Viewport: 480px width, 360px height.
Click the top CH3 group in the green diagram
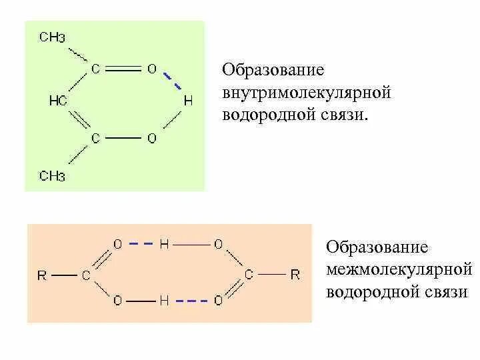pos(52,37)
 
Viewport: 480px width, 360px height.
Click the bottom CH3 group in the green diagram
pos(52,176)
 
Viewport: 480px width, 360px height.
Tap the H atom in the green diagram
pos(187,101)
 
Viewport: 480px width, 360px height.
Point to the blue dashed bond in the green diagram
pos(173,81)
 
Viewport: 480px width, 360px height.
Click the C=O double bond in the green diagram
pos(123,68)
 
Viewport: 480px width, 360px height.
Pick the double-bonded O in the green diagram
pos(151,68)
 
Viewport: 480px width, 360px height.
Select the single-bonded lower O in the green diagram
pos(151,138)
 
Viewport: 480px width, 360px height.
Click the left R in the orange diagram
pos(42,274)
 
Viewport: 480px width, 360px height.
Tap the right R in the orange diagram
pos(295,274)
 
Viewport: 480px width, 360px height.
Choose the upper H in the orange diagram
pos(164,245)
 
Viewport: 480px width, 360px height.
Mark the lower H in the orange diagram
pos(164,301)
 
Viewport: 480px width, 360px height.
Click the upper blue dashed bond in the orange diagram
pos(141,245)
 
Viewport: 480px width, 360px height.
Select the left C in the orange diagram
pos(86,274)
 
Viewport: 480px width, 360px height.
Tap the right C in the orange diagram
pos(249,274)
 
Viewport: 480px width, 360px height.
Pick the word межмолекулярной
pos(399,270)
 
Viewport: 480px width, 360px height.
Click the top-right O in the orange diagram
pos(218,245)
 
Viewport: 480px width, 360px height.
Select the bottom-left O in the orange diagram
pos(117,301)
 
